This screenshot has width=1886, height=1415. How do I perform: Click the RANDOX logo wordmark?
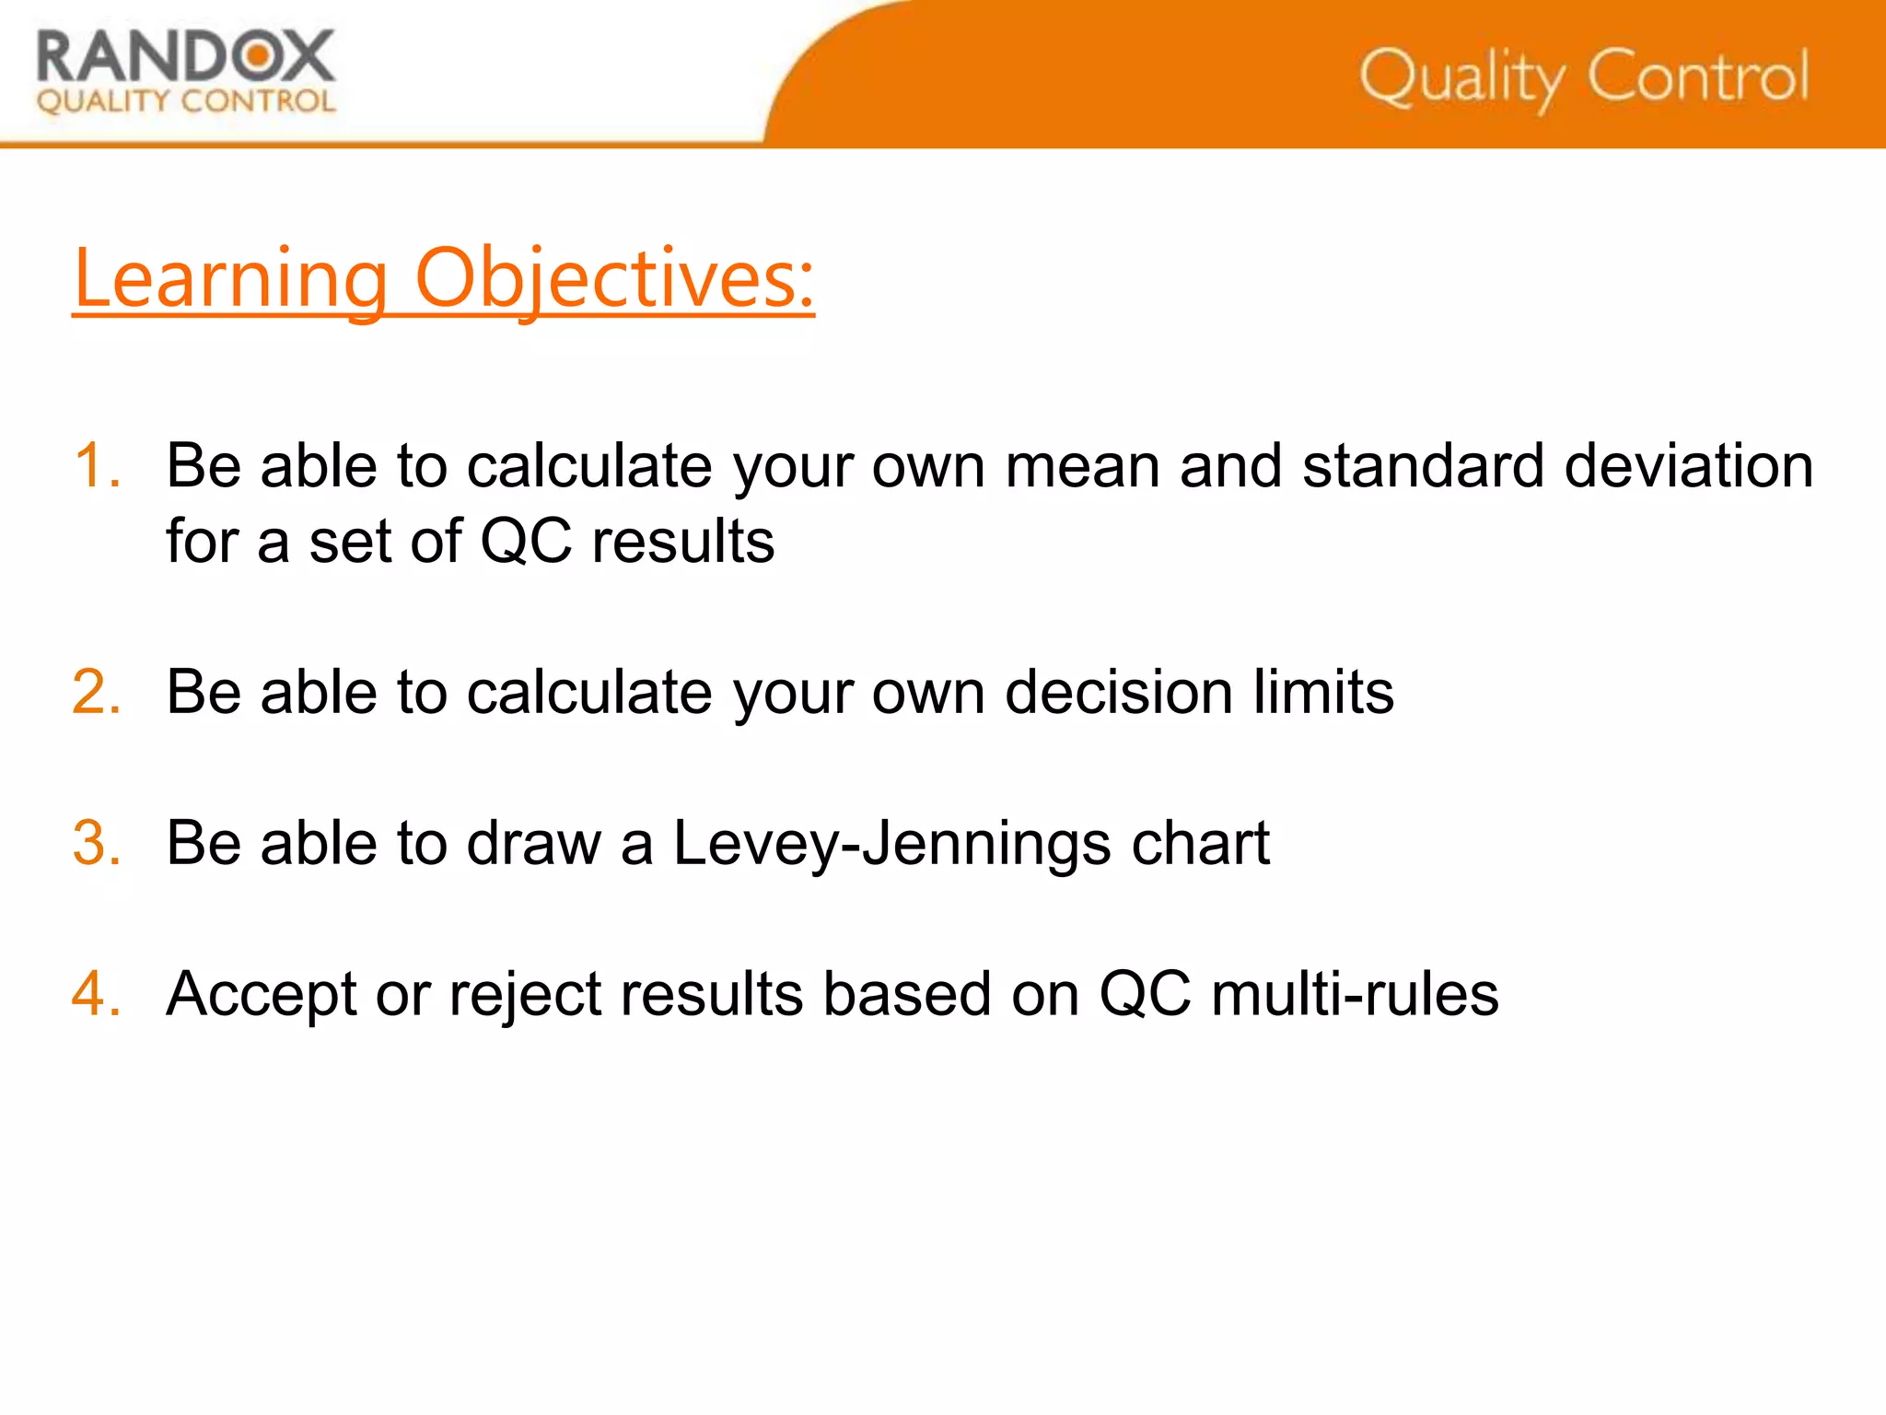(x=185, y=57)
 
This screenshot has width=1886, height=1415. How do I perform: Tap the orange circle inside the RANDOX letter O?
(x=260, y=56)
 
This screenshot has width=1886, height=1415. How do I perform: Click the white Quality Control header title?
(x=1584, y=77)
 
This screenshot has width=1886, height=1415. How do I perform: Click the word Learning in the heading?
(x=231, y=279)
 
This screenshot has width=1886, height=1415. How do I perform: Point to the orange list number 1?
(x=96, y=465)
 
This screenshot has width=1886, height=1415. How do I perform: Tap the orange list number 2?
(x=97, y=692)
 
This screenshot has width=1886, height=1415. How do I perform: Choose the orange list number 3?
(x=97, y=843)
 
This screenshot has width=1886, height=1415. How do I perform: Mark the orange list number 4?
(x=97, y=994)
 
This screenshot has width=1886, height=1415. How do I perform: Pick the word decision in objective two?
(x=1118, y=692)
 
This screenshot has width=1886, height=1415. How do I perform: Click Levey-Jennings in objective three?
(x=891, y=845)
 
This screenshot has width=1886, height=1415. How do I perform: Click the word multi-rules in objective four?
(x=1355, y=994)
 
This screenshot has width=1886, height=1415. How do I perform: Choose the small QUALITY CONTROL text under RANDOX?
(x=186, y=101)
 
